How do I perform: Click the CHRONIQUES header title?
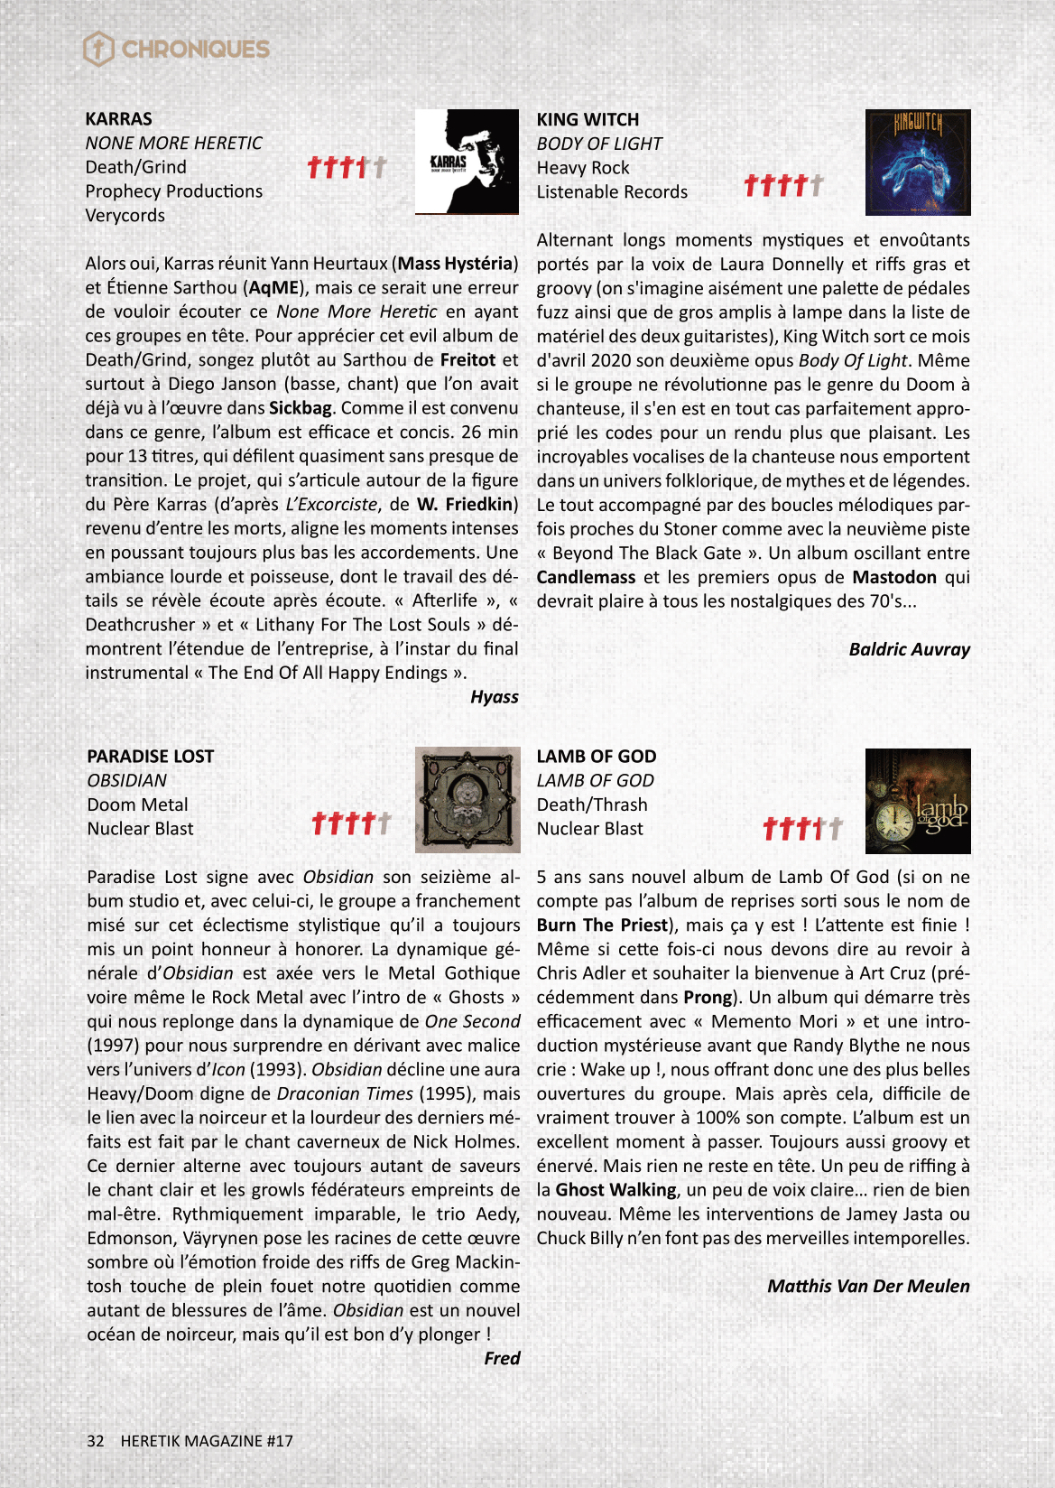195,49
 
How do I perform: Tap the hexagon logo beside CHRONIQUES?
98,49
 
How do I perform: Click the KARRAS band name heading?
118,119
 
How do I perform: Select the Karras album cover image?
467,162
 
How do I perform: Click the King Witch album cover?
918,163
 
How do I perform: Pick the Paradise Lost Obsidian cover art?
467,800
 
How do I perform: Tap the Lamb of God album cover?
918,801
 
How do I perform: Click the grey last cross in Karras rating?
379,167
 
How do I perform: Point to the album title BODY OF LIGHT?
599,144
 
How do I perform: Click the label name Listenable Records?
612,192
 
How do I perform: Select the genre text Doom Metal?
137,804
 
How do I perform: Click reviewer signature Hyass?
494,697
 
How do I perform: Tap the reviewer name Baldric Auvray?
909,649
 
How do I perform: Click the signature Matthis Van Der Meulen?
868,1286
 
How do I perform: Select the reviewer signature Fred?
502,1358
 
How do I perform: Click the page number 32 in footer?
96,1441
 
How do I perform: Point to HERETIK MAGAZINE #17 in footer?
207,1441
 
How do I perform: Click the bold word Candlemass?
586,577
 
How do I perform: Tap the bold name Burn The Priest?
602,925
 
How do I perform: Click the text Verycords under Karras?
125,216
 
